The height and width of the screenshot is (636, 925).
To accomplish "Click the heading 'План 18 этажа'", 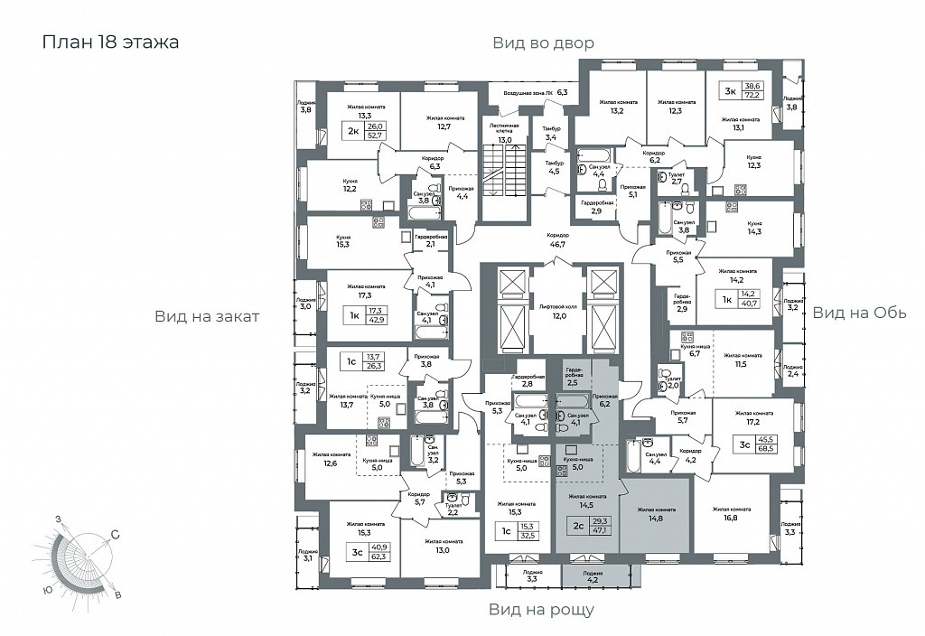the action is [x=110, y=42].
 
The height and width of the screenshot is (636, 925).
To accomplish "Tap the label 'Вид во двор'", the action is [x=543, y=42].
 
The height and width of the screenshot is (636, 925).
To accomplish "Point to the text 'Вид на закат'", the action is [x=207, y=316].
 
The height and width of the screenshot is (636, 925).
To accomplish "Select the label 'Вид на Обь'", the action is [x=859, y=313].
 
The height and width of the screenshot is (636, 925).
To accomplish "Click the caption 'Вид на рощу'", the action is [x=541, y=610].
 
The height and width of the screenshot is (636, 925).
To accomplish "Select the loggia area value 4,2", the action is [x=592, y=580].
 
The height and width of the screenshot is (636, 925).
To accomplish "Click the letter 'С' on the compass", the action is [x=116, y=536].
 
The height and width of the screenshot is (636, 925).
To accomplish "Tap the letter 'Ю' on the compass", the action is [x=45, y=590].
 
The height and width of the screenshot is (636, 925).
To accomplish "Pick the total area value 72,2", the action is [x=752, y=95].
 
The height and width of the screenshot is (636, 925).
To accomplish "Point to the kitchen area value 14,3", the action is [x=755, y=231].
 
